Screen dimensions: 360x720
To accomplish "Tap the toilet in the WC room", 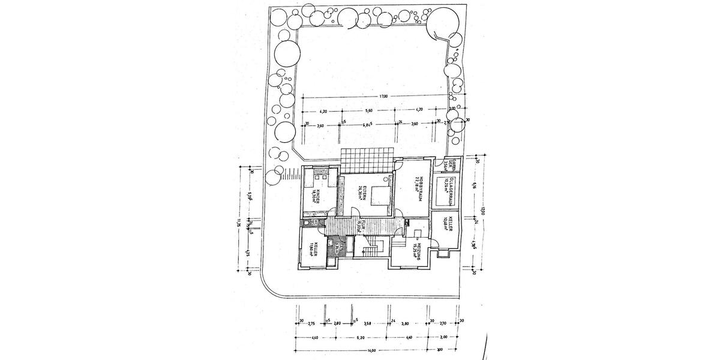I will coord(307,223).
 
